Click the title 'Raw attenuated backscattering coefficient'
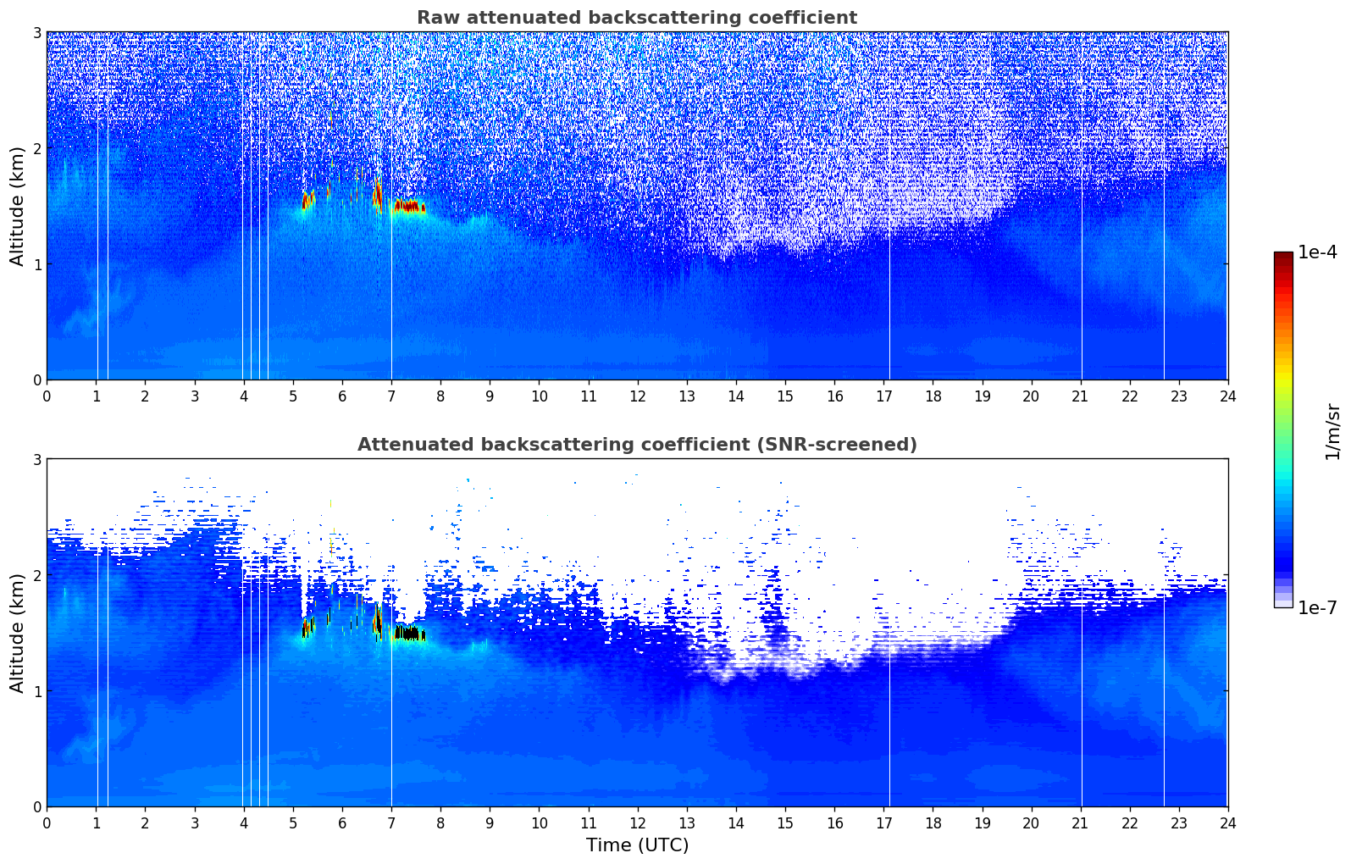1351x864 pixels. [636, 18]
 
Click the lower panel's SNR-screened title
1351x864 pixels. [636, 445]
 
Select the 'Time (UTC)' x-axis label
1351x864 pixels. [637, 845]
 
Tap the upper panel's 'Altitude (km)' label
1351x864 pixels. [17, 206]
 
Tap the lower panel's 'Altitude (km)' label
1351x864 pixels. [17, 633]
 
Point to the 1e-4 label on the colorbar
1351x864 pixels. [1317, 252]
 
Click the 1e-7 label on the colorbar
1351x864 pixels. [1317, 607]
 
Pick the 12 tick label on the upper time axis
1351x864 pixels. [637, 396]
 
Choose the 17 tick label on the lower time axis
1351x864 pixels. [883, 822]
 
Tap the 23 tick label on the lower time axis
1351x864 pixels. [1179, 822]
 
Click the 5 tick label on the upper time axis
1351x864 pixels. [293, 396]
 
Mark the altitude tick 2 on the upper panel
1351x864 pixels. [36, 148]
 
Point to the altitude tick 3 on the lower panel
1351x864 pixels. [36, 460]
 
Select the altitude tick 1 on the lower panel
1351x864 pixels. [36, 691]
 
